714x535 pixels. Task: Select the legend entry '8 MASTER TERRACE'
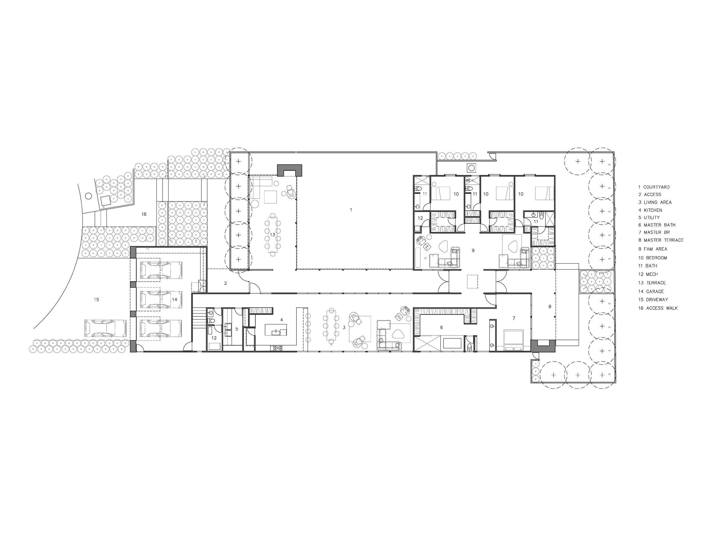(x=661, y=240)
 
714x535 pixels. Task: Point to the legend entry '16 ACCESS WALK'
(x=658, y=308)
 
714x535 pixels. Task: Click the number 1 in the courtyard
(x=351, y=210)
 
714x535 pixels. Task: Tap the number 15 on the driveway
(x=96, y=300)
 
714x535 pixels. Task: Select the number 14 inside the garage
(x=175, y=300)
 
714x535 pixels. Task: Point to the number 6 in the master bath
(x=442, y=328)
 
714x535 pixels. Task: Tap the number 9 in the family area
(x=473, y=250)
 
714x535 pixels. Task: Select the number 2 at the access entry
(x=226, y=283)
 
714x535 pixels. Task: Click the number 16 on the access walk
(x=144, y=214)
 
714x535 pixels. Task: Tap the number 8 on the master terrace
(x=550, y=307)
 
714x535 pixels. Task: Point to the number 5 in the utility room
(x=236, y=329)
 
